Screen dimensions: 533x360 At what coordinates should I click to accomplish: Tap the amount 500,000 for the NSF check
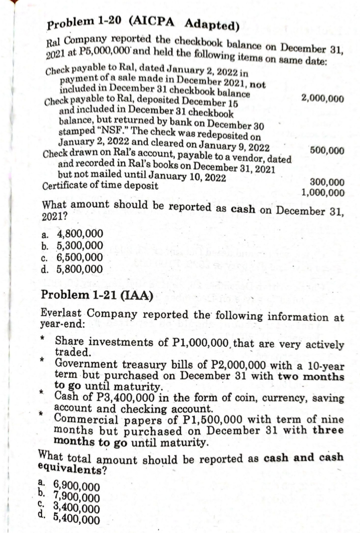(x=327, y=150)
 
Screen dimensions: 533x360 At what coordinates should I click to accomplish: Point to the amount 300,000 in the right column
(x=327, y=183)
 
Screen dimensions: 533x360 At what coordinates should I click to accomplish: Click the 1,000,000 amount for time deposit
(x=323, y=193)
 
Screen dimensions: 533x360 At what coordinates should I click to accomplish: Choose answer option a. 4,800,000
(x=72, y=233)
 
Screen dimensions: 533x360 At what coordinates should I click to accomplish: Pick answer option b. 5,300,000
(x=72, y=245)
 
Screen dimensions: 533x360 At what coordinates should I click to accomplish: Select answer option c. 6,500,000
(x=72, y=257)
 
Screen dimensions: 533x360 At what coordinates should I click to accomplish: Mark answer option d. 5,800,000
(x=72, y=269)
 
